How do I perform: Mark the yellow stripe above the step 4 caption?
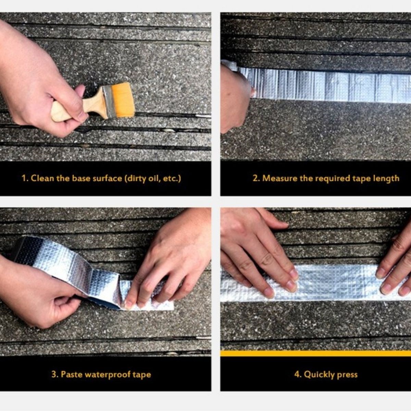point(316,353)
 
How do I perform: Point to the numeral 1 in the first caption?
point(24,178)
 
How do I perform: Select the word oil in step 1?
point(153,178)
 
